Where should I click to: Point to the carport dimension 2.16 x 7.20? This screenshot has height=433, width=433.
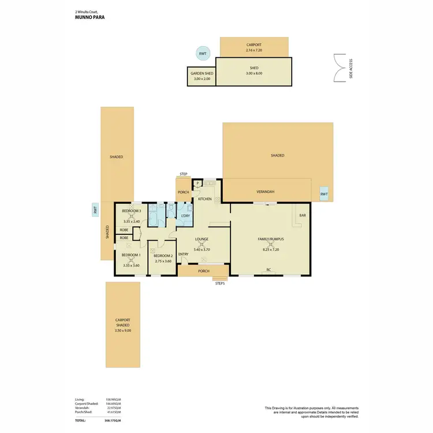click(254, 51)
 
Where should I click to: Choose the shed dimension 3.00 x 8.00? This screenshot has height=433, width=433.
click(254, 73)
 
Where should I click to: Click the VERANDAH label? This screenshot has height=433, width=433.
click(265, 192)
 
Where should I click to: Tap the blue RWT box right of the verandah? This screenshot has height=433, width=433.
click(324, 195)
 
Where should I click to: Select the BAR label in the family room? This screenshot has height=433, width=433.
click(302, 216)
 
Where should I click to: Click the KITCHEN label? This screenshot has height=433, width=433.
click(205, 199)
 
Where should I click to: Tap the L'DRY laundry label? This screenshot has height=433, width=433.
click(185, 216)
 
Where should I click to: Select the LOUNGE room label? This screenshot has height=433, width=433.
click(201, 239)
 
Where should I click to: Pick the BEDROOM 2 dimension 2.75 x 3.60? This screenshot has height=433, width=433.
click(163, 261)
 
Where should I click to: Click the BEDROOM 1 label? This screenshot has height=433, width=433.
click(131, 255)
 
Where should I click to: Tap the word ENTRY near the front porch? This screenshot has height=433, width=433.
click(184, 255)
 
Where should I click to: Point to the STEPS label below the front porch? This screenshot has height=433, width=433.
click(219, 283)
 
